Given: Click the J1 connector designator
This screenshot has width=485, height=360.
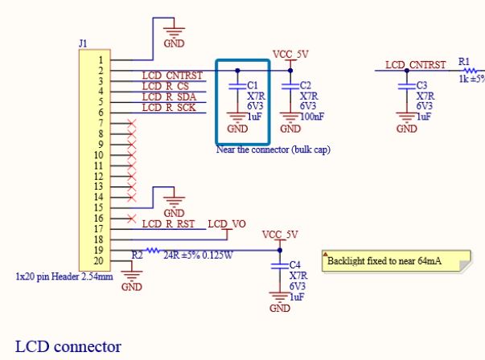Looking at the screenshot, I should point(83,42).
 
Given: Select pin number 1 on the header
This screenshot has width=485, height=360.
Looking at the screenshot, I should point(99,60).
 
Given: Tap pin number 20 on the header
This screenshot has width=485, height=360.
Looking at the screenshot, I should point(98,260).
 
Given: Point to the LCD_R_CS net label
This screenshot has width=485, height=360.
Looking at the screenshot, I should point(165,86).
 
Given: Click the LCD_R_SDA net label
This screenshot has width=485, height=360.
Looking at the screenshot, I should point(169,96).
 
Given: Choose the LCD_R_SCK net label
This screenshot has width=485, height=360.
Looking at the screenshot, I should point(169,107).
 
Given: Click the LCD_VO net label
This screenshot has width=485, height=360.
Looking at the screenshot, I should point(227,223).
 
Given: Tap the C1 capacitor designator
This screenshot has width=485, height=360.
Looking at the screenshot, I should point(253,85).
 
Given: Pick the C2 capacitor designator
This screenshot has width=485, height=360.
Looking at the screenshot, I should point(305,85).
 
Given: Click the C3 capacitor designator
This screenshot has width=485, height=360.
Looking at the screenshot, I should point(422,85).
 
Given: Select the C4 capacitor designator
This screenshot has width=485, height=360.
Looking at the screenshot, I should point(295,264).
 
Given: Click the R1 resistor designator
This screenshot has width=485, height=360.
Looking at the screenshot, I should point(464,61).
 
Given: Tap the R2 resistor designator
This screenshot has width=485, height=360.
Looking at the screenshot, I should point(138,254).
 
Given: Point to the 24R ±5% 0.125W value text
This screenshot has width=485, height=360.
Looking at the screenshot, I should point(198,256).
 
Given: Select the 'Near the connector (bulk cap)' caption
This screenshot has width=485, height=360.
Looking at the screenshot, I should point(273,149).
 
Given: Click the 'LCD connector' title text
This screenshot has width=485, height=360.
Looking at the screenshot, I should point(68,346).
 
